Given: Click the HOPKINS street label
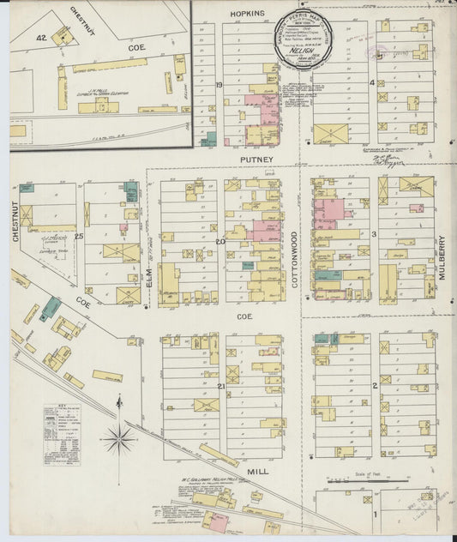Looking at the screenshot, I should coord(247,15).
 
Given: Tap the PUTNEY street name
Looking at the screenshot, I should coord(256,160).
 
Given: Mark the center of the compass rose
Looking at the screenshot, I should coord(118,440).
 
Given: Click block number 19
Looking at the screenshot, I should coord(219,85).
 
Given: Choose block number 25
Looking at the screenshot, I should coord(79,236).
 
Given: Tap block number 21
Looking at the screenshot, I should coord(220,388).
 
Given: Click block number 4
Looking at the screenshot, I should coord(371,83).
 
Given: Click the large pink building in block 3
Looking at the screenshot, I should coord(328,212).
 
